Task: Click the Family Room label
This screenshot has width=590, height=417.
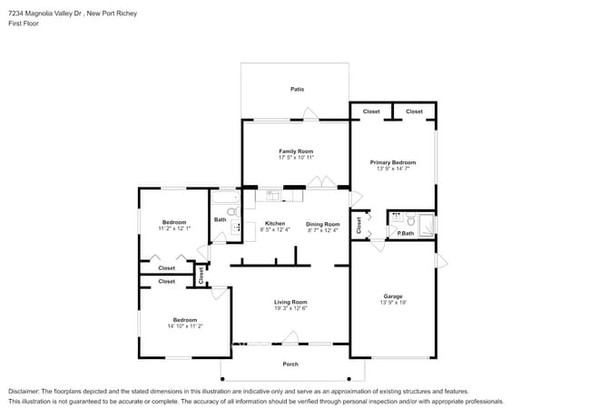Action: (296, 150)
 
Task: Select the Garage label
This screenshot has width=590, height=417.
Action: (392, 296)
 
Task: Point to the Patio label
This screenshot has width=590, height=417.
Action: (297, 89)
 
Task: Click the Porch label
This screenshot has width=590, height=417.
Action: (290, 364)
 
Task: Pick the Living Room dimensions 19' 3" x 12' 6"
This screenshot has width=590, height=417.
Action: (290, 309)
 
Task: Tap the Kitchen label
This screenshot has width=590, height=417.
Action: (274, 223)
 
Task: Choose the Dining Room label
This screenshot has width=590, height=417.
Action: (322, 223)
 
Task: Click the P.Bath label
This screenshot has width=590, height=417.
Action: (405, 234)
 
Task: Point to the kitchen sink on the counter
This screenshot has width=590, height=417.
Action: (273, 194)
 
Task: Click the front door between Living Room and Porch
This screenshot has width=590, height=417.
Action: (290, 339)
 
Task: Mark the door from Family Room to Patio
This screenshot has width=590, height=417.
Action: (310, 115)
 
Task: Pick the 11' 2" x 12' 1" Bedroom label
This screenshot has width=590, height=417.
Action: (174, 222)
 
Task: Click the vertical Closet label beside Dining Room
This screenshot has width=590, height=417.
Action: (359, 225)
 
